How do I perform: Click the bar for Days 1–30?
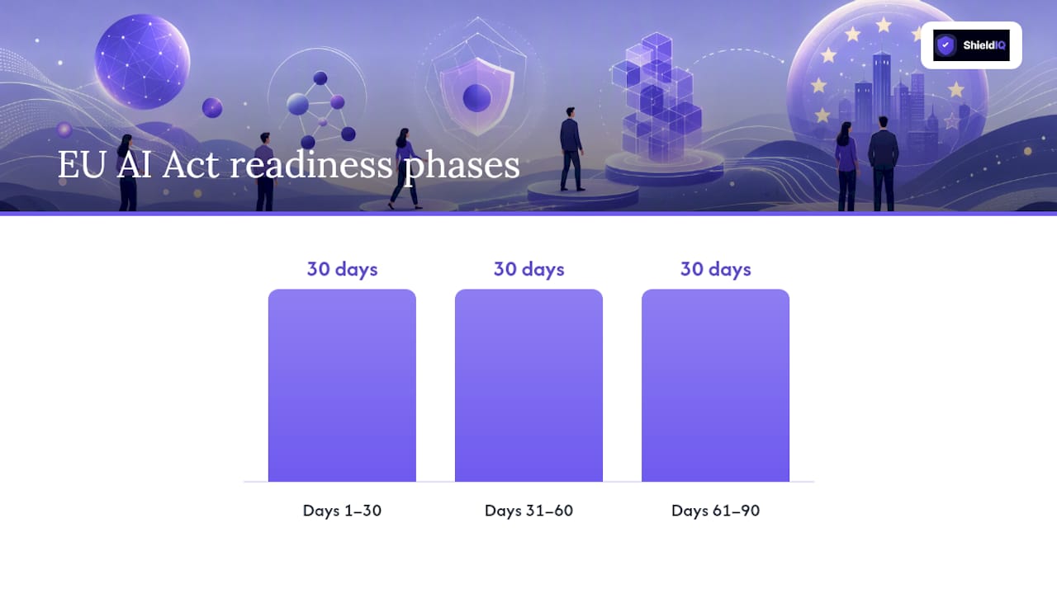(x=342, y=385)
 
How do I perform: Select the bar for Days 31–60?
(x=528, y=385)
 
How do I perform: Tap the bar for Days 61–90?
(x=715, y=385)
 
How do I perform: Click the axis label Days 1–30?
(x=342, y=511)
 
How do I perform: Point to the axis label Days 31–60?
(x=528, y=511)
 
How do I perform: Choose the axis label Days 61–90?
(x=715, y=511)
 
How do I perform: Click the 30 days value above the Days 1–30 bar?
(x=342, y=269)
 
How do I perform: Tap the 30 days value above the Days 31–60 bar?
(x=528, y=269)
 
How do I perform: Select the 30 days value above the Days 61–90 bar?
(x=715, y=269)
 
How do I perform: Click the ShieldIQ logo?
(x=971, y=45)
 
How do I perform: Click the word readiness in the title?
(x=311, y=164)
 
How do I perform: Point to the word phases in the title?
(x=462, y=167)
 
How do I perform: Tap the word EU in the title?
(x=81, y=164)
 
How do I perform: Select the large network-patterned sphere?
(x=143, y=62)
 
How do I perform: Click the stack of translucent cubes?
(x=657, y=97)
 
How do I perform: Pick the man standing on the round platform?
(x=571, y=149)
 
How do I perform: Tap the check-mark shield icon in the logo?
(x=946, y=45)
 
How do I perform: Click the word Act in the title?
(x=191, y=164)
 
